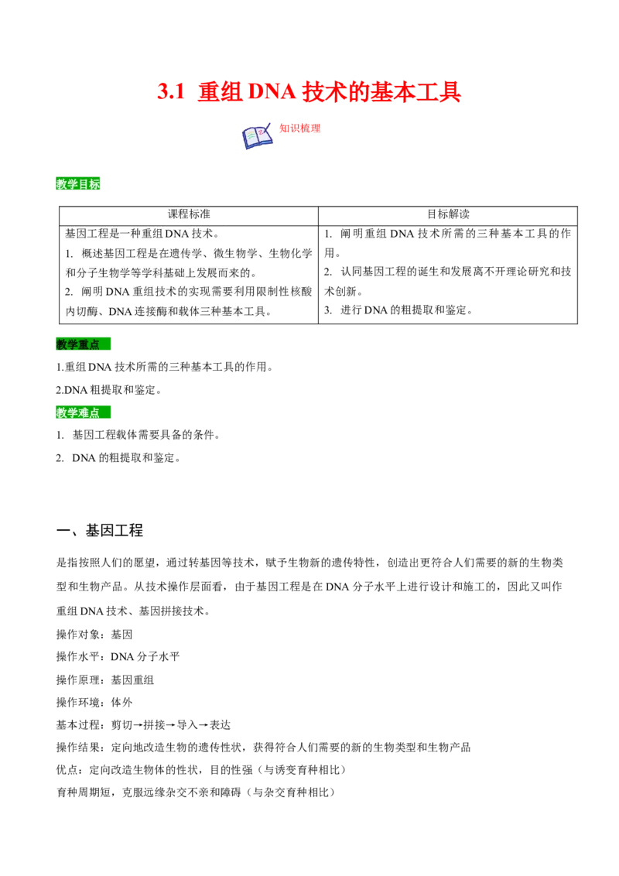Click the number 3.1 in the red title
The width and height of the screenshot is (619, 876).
coord(170,92)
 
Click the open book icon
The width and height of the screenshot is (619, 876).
coord(257,136)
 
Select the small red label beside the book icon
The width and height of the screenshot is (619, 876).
coord(299,128)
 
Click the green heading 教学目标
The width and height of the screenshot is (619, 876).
coord(79,184)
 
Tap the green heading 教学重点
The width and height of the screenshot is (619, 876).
coord(79,344)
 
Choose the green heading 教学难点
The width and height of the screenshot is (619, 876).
coord(79,412)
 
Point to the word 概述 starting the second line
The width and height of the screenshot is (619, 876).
coord(92,253)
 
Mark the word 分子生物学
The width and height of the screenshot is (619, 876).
coord(97,272)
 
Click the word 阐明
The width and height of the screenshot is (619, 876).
coord(92,292)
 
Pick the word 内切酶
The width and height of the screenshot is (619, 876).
coord(81,312)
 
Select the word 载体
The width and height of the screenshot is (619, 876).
coord(189,312)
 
